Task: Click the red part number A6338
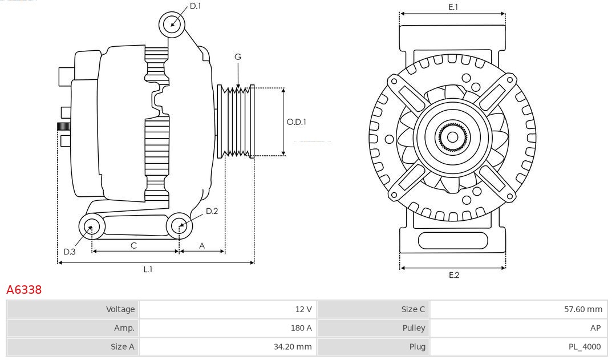24,290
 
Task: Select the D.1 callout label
195,6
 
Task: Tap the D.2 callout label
212,211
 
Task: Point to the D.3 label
69,252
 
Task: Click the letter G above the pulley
238,57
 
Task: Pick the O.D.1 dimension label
296,122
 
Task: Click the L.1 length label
148,269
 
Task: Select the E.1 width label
453,7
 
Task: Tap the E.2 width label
453,275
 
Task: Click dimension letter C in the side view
133,245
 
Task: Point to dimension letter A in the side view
202,245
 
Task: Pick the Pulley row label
414,328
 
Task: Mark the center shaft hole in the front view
452,137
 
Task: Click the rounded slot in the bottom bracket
453,240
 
